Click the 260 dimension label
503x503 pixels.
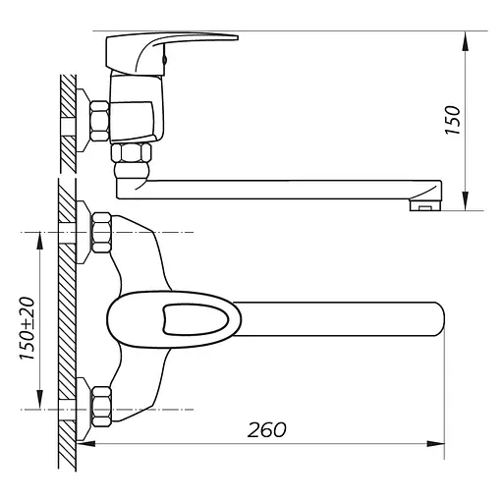(266, 430)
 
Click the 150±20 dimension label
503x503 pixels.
(28, 328)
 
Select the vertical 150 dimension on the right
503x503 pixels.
(465, 121)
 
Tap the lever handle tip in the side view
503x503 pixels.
(237, 37)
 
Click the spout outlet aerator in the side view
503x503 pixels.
(425, 204)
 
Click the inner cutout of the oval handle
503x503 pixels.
(194, 319)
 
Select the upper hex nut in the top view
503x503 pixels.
(101, 233)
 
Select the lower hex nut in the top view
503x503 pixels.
(101, 407)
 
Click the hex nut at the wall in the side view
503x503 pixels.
(99, 121)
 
